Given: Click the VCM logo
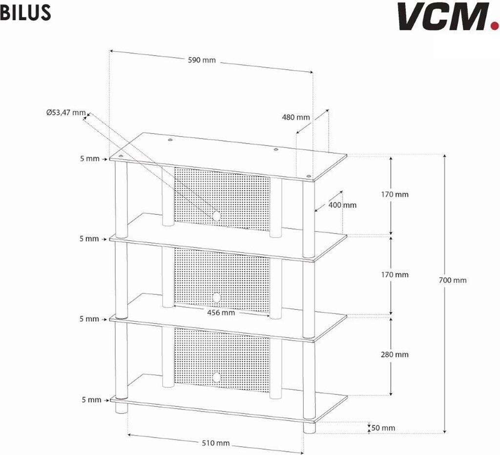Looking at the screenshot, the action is click(x=444, y=16).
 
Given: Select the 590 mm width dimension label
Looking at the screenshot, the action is click(x=202, y=61).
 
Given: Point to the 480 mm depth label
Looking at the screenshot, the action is click(x=296, y=117).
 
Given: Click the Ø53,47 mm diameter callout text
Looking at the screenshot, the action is click(x=66, y=112).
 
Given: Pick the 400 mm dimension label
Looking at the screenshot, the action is click(x=342, y=205).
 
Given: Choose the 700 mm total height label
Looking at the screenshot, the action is click(x=453, y=280).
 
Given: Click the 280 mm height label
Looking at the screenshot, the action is click(x=395, y=354).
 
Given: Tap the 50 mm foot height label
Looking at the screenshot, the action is click(x=383, y=428).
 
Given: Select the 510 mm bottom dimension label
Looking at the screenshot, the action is click(x=215, y=443).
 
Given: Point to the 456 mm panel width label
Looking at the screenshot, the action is click(x=221, y=312).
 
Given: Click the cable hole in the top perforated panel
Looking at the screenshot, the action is click(x=216, y=215).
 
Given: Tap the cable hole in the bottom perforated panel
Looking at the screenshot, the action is click(x=216, y=376).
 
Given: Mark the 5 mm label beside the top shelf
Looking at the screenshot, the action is click(x=90, y=159).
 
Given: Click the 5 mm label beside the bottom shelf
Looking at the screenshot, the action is click(x=91, y=400).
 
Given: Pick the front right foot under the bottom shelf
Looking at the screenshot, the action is click(x=308, y=428).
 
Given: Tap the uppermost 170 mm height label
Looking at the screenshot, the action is click(x=395, y=194).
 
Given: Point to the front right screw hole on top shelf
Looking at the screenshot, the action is click(x=308, y=176).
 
